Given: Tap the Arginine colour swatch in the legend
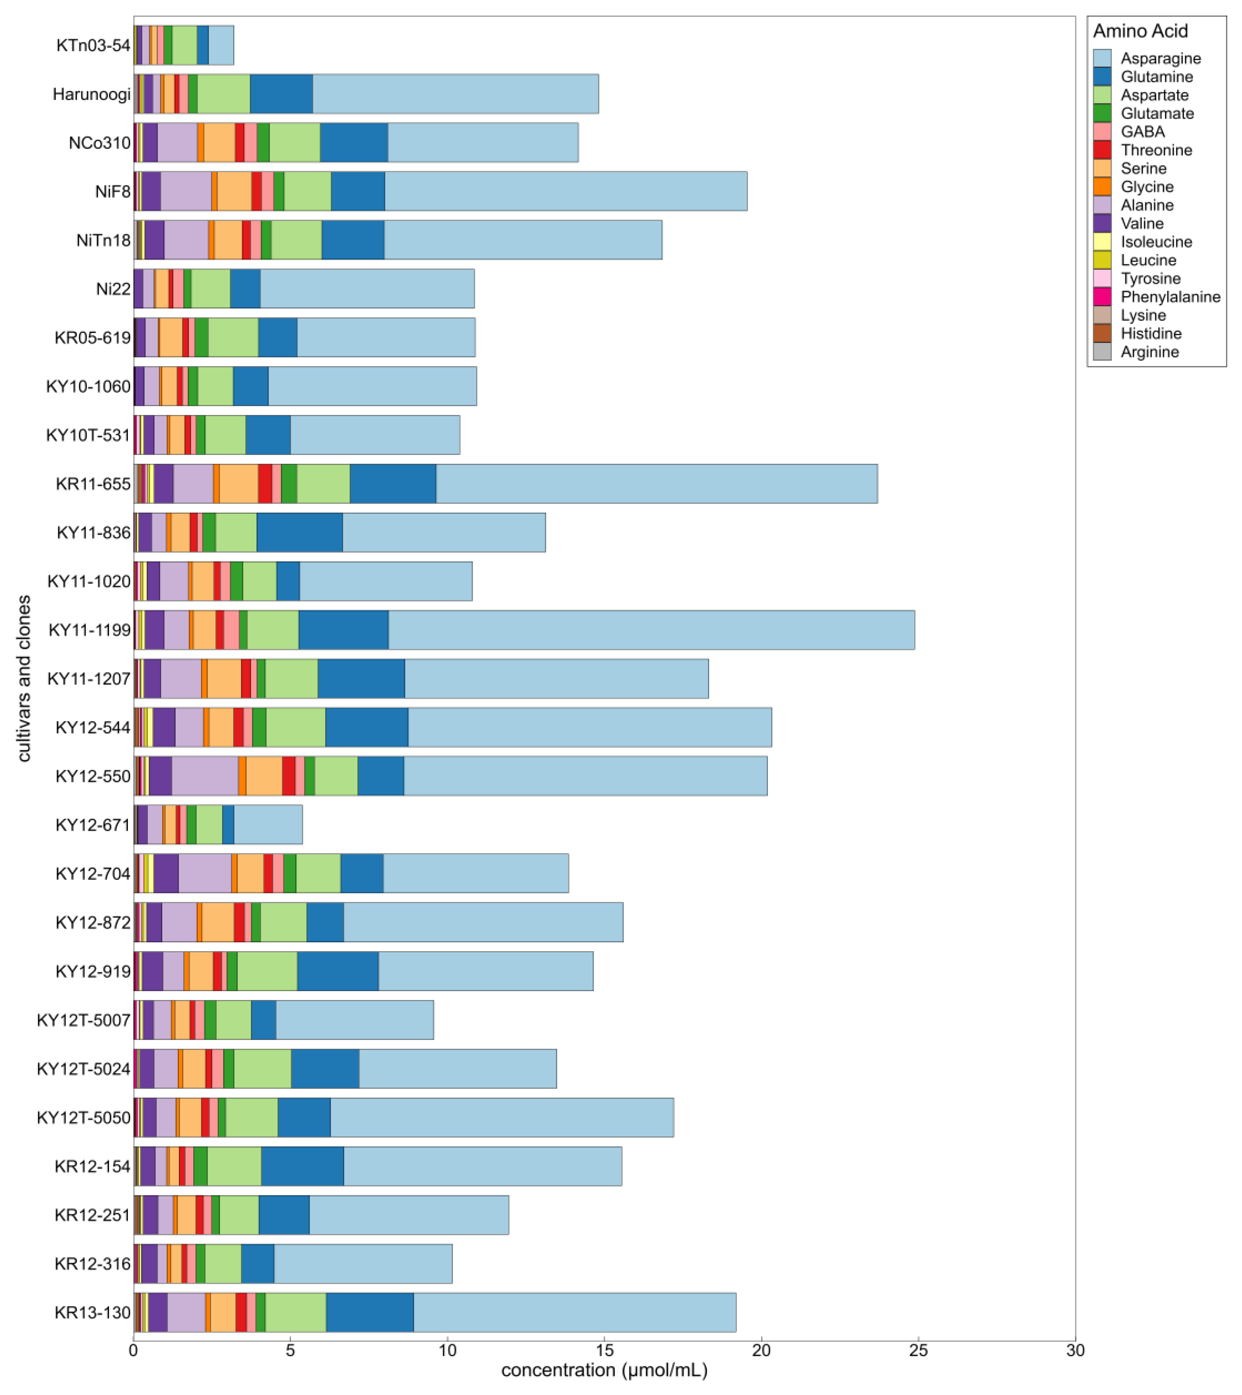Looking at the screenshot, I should (x=1102, y=352).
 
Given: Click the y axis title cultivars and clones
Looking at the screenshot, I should (x=24, y=678).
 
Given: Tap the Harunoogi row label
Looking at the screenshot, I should (x=91, y=94).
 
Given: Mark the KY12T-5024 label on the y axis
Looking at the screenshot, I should (x=83, y=1069).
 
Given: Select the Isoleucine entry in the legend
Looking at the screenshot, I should (x=1156, y=242).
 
